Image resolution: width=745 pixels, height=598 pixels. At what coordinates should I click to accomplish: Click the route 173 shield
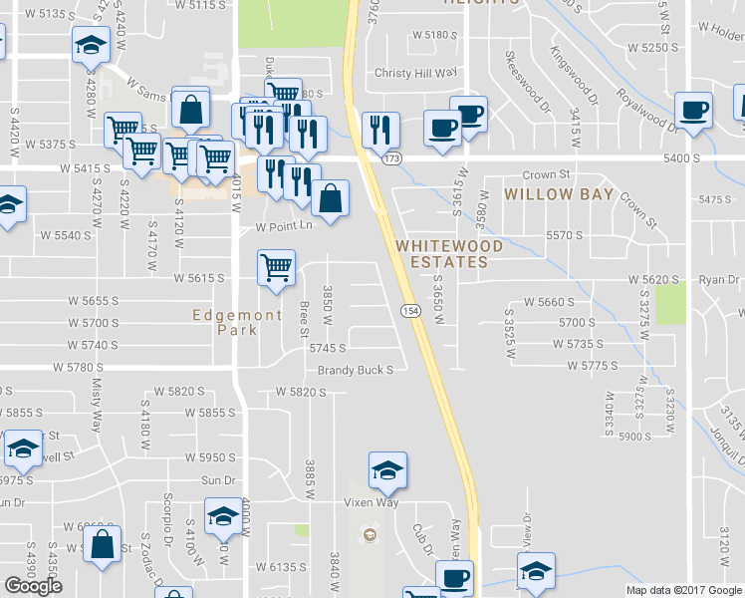click(391, 158)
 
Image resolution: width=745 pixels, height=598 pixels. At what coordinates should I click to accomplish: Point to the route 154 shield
click(409, 311)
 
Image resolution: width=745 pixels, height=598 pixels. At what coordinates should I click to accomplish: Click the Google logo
click(33, 586)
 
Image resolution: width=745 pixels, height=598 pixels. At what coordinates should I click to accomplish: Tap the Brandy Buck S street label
click(356, 370)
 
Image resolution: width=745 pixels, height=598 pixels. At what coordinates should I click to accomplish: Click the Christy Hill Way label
click(414, 73)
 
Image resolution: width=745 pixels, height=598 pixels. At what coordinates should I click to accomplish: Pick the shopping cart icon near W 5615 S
click(276, 265)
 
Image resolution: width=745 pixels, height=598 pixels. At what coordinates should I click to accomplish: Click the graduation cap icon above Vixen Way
click(387, 470)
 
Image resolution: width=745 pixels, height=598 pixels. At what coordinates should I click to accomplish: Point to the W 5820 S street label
click(302, 392)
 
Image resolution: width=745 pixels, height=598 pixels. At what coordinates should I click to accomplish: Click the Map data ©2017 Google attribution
click(684, 590)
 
